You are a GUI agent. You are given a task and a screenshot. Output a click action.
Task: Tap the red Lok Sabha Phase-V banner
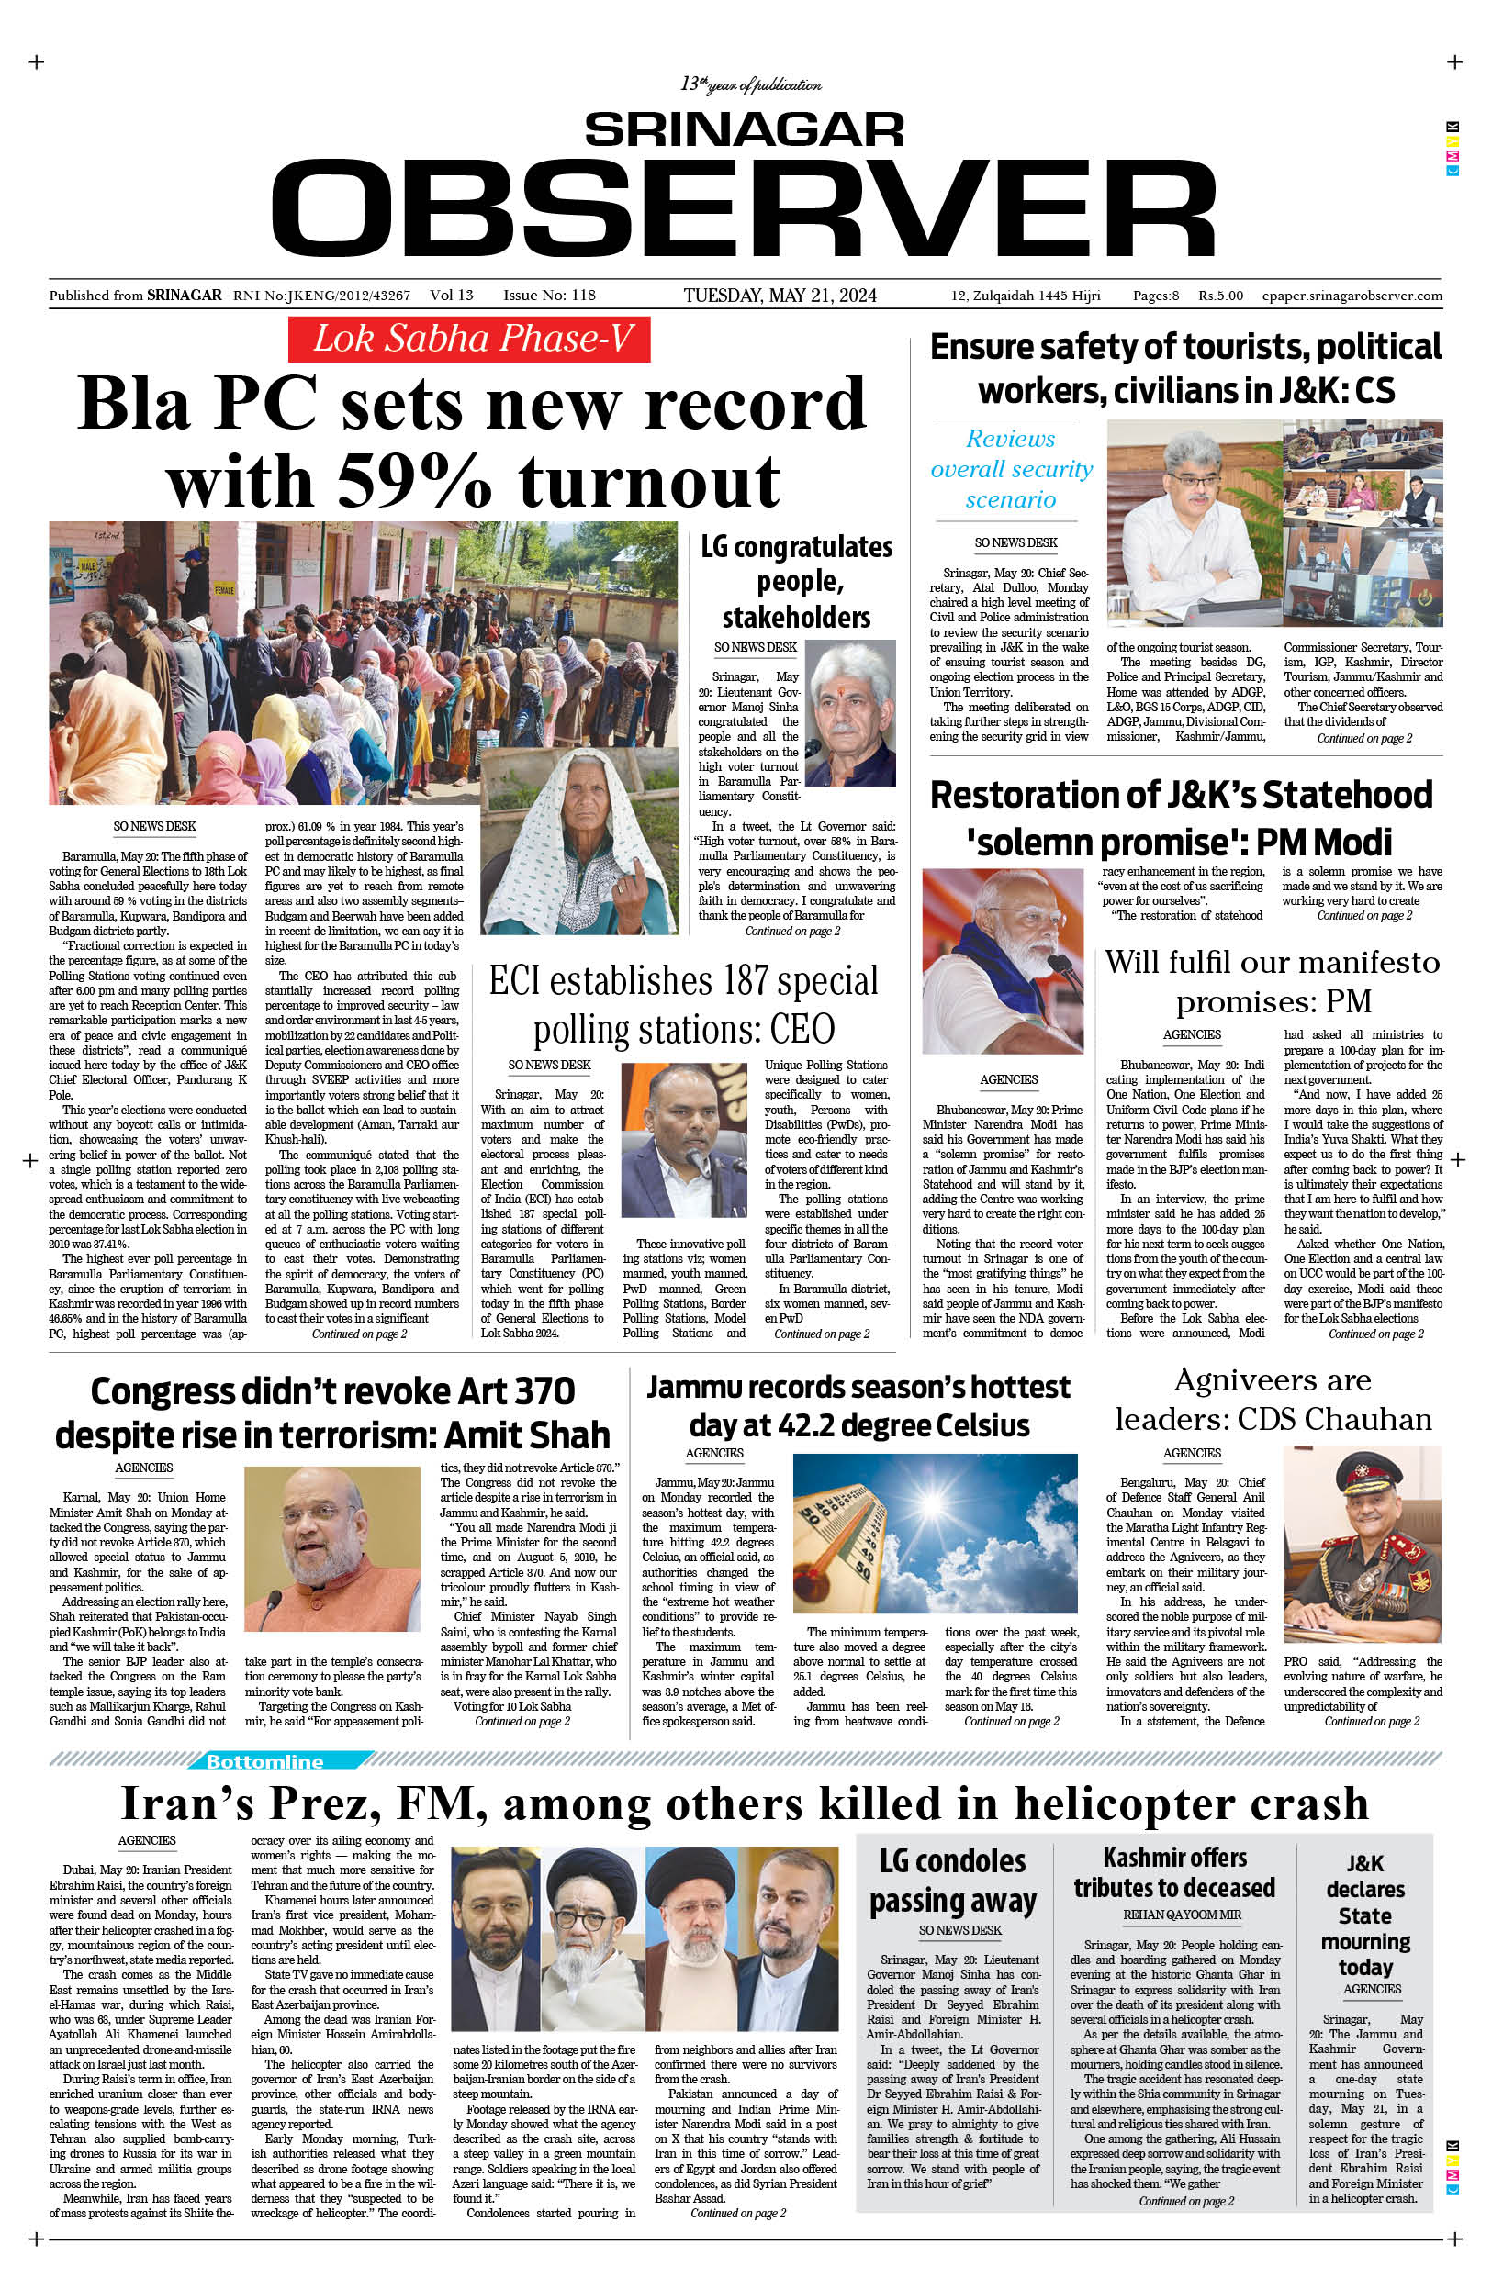tap(468, 340)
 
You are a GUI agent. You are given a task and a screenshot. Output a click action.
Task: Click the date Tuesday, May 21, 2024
tap(780, 296)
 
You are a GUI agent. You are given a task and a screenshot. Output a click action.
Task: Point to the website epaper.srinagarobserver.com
tap(1352, 296)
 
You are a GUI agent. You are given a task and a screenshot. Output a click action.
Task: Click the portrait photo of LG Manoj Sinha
tap(849, 711)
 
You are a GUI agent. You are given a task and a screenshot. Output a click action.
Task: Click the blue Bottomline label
tap(264, 1761)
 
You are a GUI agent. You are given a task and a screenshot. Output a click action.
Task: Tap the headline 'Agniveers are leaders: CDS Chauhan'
tap(1273, 1400)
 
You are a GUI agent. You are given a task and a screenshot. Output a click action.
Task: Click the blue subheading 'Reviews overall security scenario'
tap(1011, 468)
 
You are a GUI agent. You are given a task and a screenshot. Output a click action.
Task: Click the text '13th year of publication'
tap(750, 84)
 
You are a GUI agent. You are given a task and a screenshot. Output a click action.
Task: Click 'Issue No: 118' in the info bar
tap(549, 296)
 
